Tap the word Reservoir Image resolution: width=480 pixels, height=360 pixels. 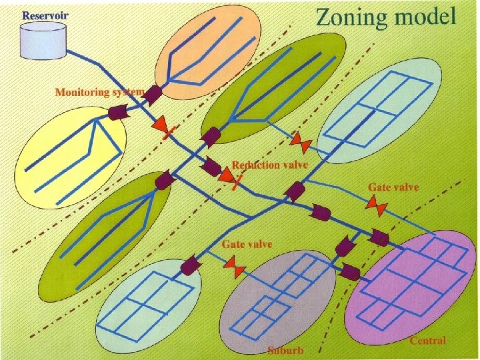click(x=45, y=15)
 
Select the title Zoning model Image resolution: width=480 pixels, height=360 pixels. click(x=386, y=16)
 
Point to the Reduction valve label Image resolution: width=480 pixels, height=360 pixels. click(x=265, y=165)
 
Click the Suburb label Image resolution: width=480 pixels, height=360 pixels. click(x=285, y=349)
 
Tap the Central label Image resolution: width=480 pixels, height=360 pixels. click(x=427, y=341)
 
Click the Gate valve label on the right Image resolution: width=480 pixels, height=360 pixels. click(x=393, y=187)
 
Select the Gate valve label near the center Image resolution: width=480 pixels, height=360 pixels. click(x=247, y=245)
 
